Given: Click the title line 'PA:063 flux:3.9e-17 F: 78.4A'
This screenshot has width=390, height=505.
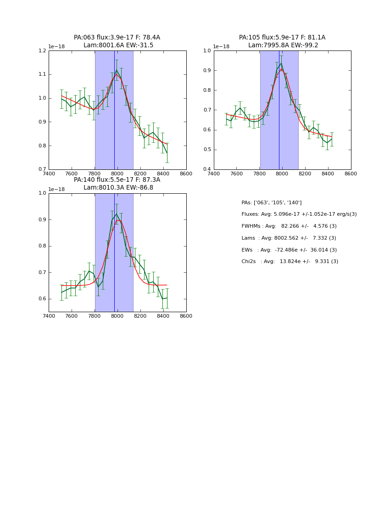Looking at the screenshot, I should point(117,38).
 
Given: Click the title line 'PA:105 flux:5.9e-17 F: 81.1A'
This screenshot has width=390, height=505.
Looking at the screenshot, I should point(282,38).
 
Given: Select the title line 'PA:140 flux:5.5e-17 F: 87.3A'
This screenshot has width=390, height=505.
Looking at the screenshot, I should point(117,180).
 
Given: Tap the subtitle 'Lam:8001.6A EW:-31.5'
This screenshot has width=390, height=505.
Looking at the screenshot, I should point(118,45).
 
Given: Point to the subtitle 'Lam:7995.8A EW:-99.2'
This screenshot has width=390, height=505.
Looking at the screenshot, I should point(283,45).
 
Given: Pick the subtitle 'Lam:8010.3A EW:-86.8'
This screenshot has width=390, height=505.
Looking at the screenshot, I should point(118,188).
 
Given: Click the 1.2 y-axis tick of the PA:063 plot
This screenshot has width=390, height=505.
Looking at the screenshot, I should point(42,51).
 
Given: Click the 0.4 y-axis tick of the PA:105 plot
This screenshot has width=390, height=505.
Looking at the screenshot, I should point(207,169).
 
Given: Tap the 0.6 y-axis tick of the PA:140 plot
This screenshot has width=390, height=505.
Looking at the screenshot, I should point(42,299).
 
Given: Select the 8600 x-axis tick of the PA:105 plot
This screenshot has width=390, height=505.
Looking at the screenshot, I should point(351,174).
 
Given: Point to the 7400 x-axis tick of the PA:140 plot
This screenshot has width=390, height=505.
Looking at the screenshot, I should point(49,316).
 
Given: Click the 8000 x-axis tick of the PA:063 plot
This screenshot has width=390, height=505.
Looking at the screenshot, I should point(117,174).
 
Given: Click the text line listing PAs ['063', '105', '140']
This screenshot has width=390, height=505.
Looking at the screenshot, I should point(272,202).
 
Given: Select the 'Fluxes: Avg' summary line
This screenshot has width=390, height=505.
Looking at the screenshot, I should point(299,214).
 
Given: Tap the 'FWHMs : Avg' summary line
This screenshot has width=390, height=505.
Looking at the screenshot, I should point(289,226).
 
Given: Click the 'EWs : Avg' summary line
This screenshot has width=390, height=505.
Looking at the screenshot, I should point(289,250).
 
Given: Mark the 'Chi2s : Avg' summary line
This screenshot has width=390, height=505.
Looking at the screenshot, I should point(290,262).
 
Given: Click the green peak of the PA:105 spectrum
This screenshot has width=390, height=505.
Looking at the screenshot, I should point(281,63).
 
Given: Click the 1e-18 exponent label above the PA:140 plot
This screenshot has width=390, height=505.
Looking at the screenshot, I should point(57,189).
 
